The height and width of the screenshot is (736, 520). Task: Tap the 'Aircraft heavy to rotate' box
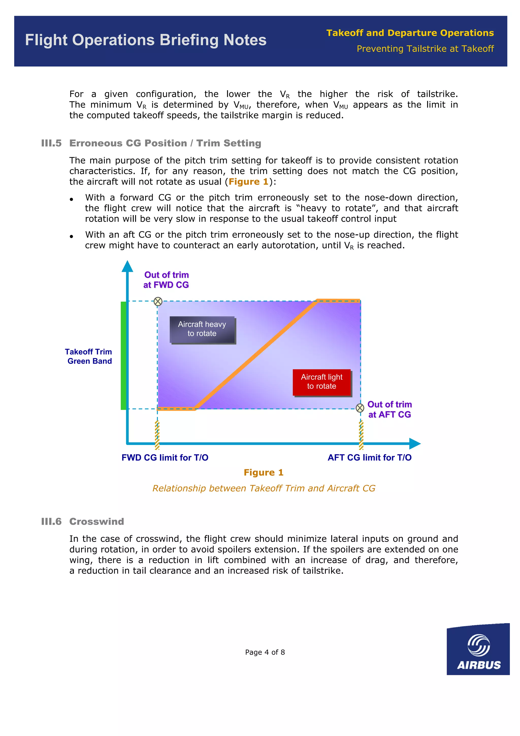[x=202, y=329]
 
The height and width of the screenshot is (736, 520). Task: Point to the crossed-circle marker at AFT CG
[x=360, y=408]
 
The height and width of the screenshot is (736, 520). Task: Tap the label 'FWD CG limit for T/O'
[x=165, y=457]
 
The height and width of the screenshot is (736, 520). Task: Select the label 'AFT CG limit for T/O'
[x=369, y=457]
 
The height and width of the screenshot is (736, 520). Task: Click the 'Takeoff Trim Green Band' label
[x=88, y=357]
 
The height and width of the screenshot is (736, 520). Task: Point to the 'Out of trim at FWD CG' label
[x=166, y=280]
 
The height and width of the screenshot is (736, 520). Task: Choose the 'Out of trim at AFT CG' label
[x=389, y=409]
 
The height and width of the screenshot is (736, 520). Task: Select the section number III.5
[x=51, y=143]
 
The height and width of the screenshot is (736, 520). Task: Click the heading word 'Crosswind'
[x=96, y=522]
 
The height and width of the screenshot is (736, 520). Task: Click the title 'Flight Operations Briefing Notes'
[x=146, y=40]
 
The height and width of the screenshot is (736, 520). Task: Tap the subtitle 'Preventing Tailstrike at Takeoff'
[x=425, y=49]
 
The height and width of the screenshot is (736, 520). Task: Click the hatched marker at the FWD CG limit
[x=157, y=435]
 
